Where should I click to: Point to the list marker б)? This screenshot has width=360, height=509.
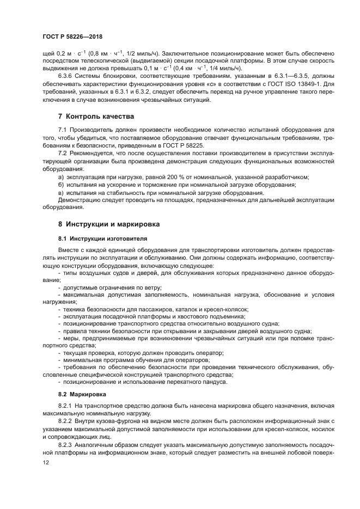(x=61, y=185)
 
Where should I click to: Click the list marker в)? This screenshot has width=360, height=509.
(x=61, y=193)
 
